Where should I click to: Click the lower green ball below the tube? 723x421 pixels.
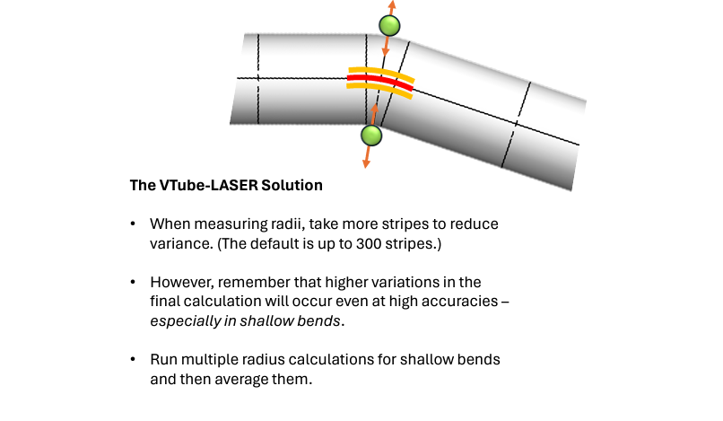coord(371,136)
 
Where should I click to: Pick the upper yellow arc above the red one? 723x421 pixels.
coord(382,72)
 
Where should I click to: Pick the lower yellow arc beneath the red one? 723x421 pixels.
coord(380,91)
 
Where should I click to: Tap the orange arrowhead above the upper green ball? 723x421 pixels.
coord(392,5)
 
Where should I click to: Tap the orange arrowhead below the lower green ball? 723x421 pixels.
coord(366,162)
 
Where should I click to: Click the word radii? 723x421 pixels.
coord(268,223)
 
